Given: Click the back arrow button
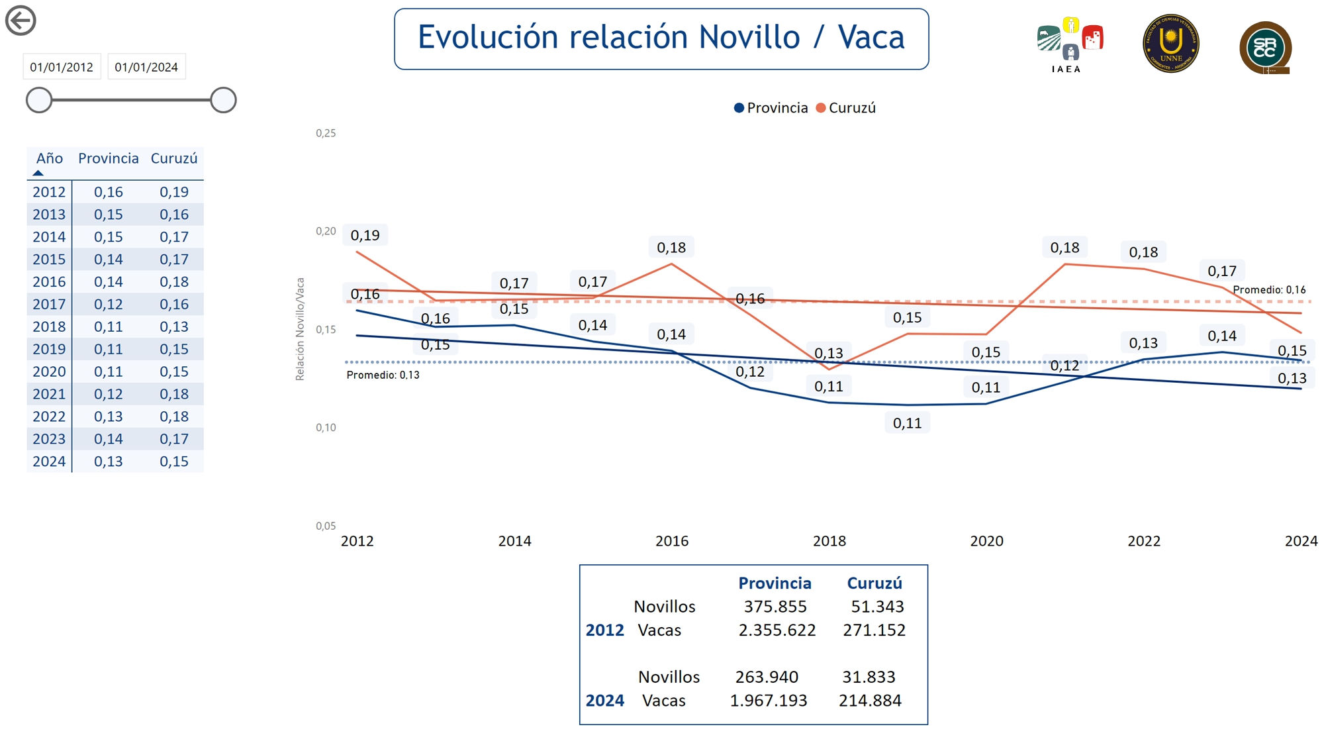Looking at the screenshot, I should [x=21, y=21].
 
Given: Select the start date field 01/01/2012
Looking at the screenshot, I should [x=62, y=67].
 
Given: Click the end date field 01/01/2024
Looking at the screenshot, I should [x=146, y=67].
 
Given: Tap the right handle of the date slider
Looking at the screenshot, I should [x=223, y=100].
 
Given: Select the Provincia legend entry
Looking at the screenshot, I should [x=771, y=108].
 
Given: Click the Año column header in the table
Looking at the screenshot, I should [x=49, y=159].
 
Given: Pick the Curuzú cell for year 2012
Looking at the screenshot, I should [x=174, y=192].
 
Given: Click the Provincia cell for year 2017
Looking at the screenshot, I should [x=108, y=305].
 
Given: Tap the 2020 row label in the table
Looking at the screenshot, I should [x=49, y=372].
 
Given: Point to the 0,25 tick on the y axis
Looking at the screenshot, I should [x=326, y=133].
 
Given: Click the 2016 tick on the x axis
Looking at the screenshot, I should [x=672, y=541].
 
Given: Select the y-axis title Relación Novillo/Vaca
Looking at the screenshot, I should [x=300, y=329].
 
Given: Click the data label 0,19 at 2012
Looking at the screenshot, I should [x=365, y=235].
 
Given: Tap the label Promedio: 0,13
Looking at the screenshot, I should [x=383, y=375].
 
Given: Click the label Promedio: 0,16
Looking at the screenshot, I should [x=1269, y=290].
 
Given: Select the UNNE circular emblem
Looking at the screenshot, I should [x=1170, y=44].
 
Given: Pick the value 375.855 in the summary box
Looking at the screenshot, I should [x=775, y=607].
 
